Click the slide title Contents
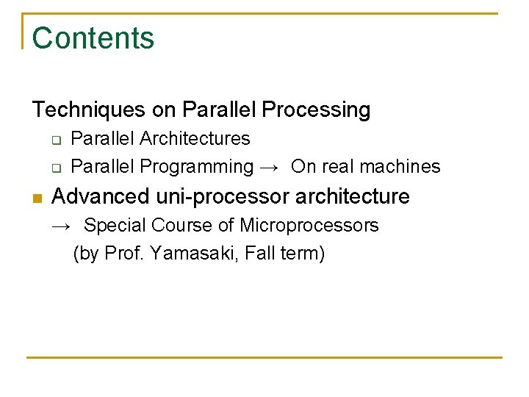pos(93,38)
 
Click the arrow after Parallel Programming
pos(270,168)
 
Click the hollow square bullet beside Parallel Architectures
pos(54,139)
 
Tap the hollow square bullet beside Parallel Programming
pos(54,168)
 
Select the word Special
pos(111,225)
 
